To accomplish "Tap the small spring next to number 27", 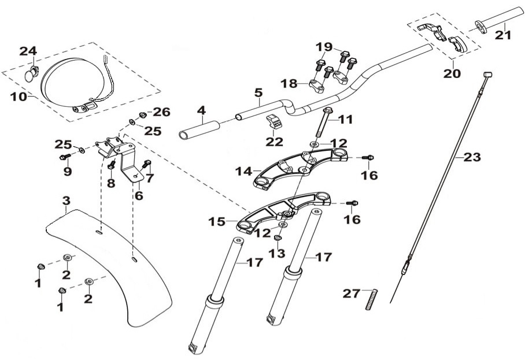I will point(370,299).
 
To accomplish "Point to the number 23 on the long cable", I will point(472,157).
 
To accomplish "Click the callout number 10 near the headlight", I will point(19,96).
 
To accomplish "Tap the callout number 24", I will point(28,51).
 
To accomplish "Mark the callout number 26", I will point(161,112).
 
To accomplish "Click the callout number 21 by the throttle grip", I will point(504,34).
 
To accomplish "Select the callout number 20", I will point(452,74).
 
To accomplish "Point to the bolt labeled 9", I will point(65,157).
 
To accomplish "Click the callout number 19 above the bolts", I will point(324,47).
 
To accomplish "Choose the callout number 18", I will point(290,84).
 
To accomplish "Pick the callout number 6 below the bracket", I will point(138,196).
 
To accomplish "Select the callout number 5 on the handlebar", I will point(258,92).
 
